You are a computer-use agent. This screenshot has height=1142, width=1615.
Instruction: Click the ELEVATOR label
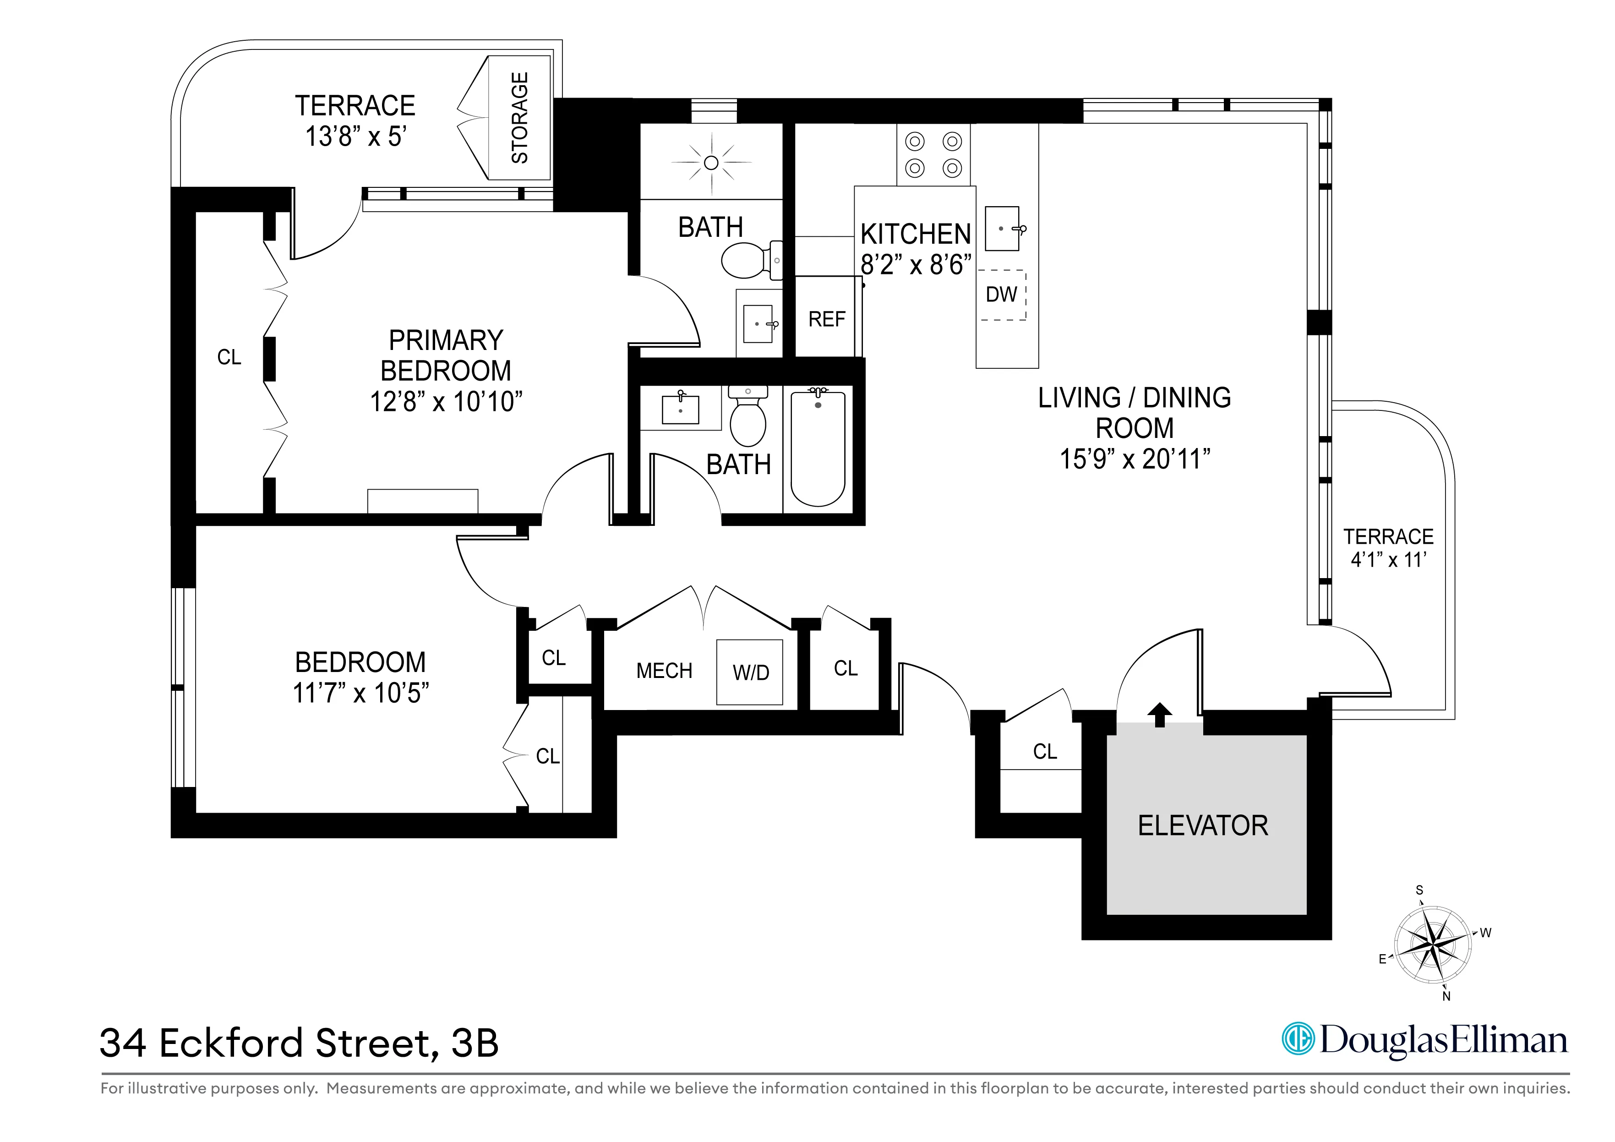pyautogui.click(x=1203, y=825)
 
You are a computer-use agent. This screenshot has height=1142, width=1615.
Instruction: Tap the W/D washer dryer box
pyautogui.click(x=750, y=672)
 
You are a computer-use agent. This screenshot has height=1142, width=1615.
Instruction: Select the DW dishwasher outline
pyautogui.click(x=1002, y=295)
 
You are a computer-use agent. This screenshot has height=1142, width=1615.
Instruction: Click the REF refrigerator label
pyautogui.click(x=826, y=319)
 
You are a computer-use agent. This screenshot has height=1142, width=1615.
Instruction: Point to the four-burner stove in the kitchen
pyautogui.click(x=933, y=155)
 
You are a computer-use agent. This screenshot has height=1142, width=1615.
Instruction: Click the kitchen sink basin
pyautogui.click(x=1002, y=229)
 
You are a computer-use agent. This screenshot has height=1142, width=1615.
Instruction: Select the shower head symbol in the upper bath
pyautogui.click(x=711, y=163)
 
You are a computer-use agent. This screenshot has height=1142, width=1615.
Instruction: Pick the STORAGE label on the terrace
pyautogui.click(x=519, y=118)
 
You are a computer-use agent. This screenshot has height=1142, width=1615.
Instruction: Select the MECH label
pyautogui.click(x=664, y=671)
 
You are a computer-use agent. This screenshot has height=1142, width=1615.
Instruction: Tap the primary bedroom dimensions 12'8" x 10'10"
pyautogui.click(x=446, y=402)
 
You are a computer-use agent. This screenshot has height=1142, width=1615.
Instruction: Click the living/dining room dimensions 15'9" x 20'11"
pyautogui.click(x=1134, y=459)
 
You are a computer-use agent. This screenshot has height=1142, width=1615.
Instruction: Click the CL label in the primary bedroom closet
pyautogui.click(x=229, y=357)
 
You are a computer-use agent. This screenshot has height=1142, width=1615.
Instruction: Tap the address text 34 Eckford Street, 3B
pyautogui.click(x=299, y=1043)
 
